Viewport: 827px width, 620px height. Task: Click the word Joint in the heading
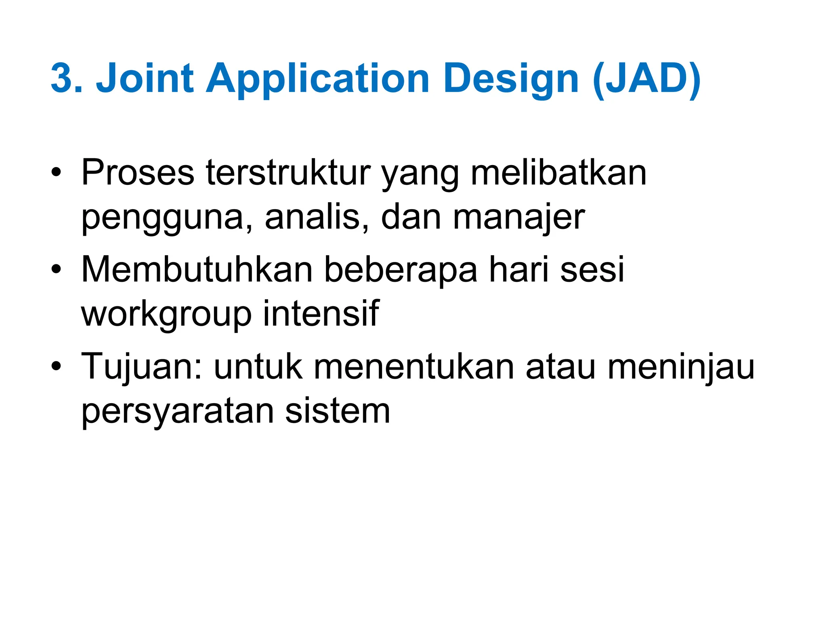point(145,78)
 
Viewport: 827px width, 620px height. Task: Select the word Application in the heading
point(317,79)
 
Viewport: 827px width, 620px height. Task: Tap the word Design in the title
point(511,79)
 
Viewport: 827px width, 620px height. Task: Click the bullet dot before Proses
point(56,174)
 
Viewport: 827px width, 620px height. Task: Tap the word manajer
point(518,218)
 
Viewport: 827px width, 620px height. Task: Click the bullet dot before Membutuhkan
point(56,270)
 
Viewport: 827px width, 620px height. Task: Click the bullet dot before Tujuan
point(56,367)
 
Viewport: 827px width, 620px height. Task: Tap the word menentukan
point(414,367)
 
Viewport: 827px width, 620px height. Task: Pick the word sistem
point(338,411)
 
